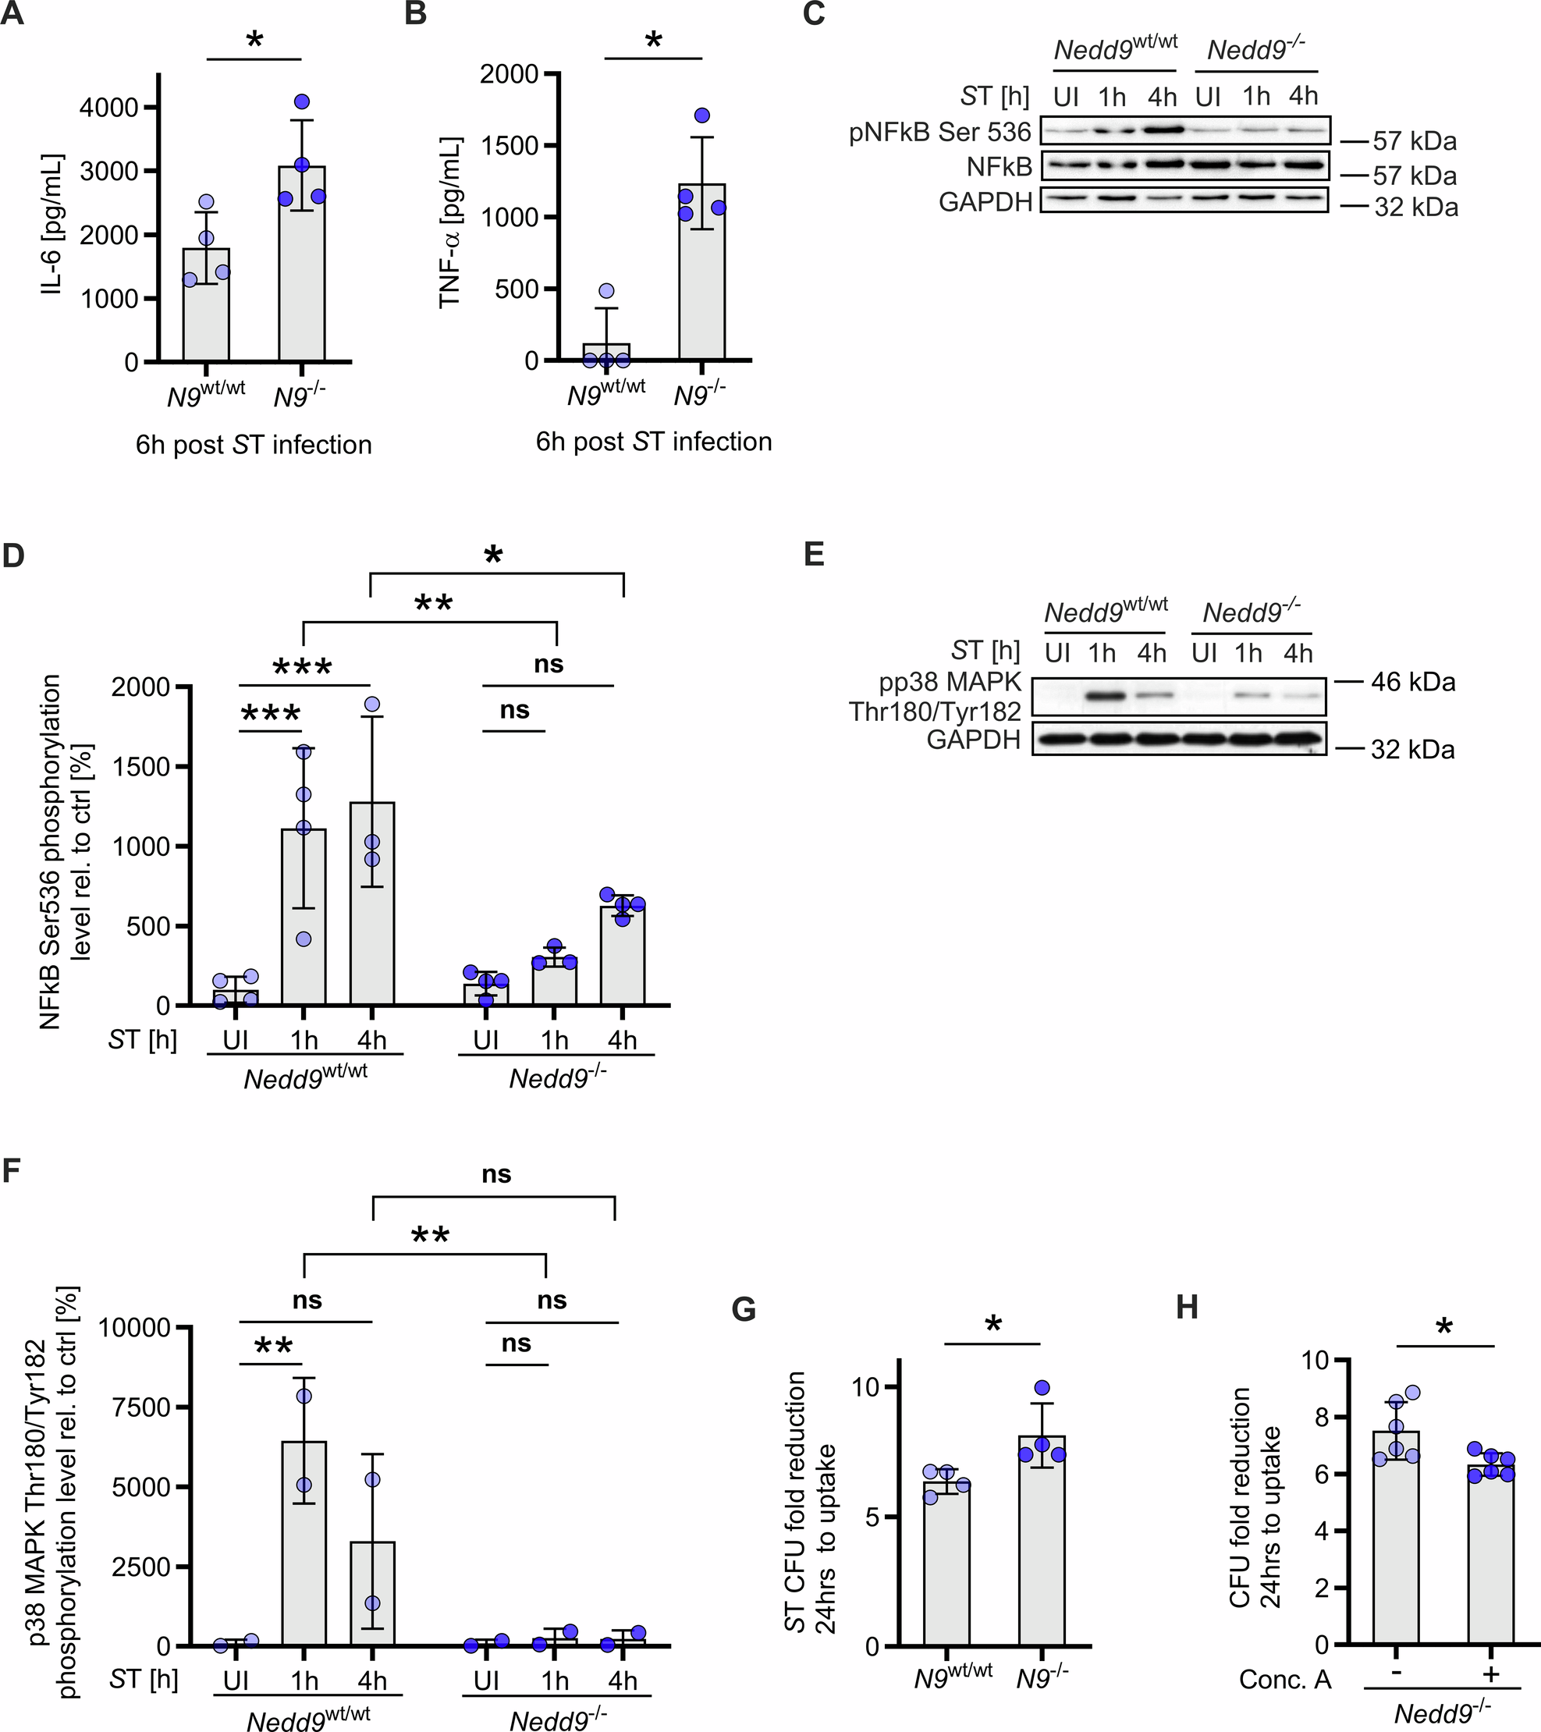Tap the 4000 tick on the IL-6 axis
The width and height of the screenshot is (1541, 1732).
(x=108, y=108)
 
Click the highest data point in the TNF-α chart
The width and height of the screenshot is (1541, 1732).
(x=702, y=115)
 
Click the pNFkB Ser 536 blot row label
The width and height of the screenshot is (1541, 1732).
(x=940, y=132)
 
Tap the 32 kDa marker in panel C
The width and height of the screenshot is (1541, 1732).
(x=1415, y=208)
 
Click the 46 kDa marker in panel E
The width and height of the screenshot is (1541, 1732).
(x=1413, y=682)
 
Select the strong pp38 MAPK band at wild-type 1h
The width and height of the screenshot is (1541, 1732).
(x=1103, y=697)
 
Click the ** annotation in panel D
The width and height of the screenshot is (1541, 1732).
(x=433, y=604)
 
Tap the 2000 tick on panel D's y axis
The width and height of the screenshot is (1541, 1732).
(x=140, y=687)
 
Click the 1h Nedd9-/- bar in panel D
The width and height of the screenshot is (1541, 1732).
(x=554, y=981)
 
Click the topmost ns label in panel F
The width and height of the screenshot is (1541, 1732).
(x=496, y=1174)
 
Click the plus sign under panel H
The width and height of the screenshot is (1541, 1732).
(x=1490, y=1673)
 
